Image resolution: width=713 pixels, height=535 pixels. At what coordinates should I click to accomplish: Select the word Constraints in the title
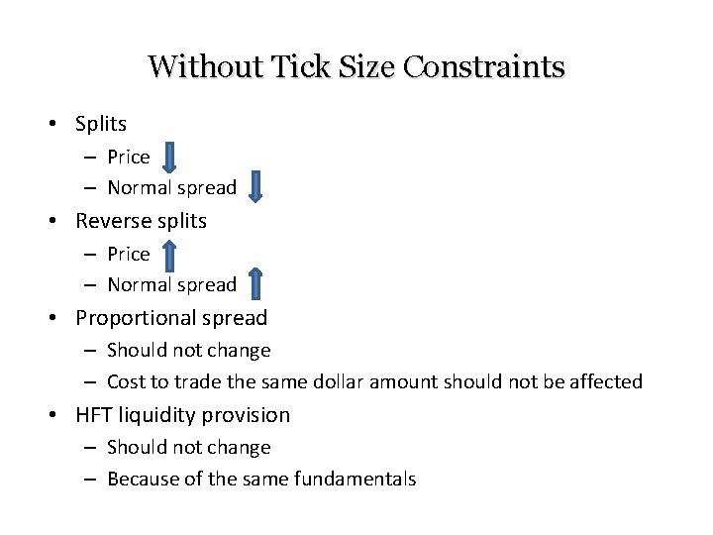tap(484, 67)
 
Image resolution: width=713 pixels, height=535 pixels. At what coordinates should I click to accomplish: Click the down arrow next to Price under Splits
tap(169, 157)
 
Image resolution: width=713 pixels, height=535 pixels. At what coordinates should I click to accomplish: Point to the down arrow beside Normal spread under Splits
tap(255, 186)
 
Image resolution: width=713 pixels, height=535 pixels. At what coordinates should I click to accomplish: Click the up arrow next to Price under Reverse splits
tap(169, 255)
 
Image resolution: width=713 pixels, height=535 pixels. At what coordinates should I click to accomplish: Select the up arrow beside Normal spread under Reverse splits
tap(255, 283)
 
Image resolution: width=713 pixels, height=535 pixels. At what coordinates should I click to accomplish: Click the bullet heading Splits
tap(101, 124)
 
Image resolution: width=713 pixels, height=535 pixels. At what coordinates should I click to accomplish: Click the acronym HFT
tap(96, 415)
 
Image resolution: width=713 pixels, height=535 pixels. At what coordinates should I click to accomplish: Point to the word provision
tap(250, 415)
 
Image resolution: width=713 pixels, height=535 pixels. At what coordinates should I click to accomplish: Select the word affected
tap(605, 381)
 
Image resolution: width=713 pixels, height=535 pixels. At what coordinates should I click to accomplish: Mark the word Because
tap(140, 479)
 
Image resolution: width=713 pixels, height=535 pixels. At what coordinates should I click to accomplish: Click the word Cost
tap(125, 381)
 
